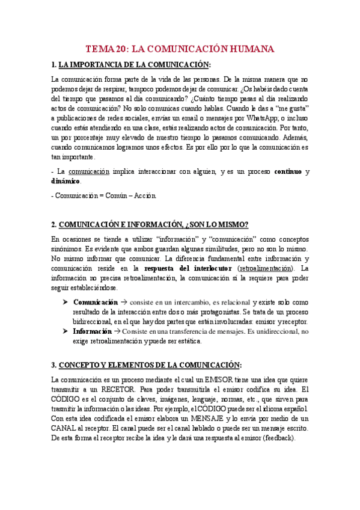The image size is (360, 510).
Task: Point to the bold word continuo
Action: (x=287, y=172)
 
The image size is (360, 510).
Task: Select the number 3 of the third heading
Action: (x=53, y=365)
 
